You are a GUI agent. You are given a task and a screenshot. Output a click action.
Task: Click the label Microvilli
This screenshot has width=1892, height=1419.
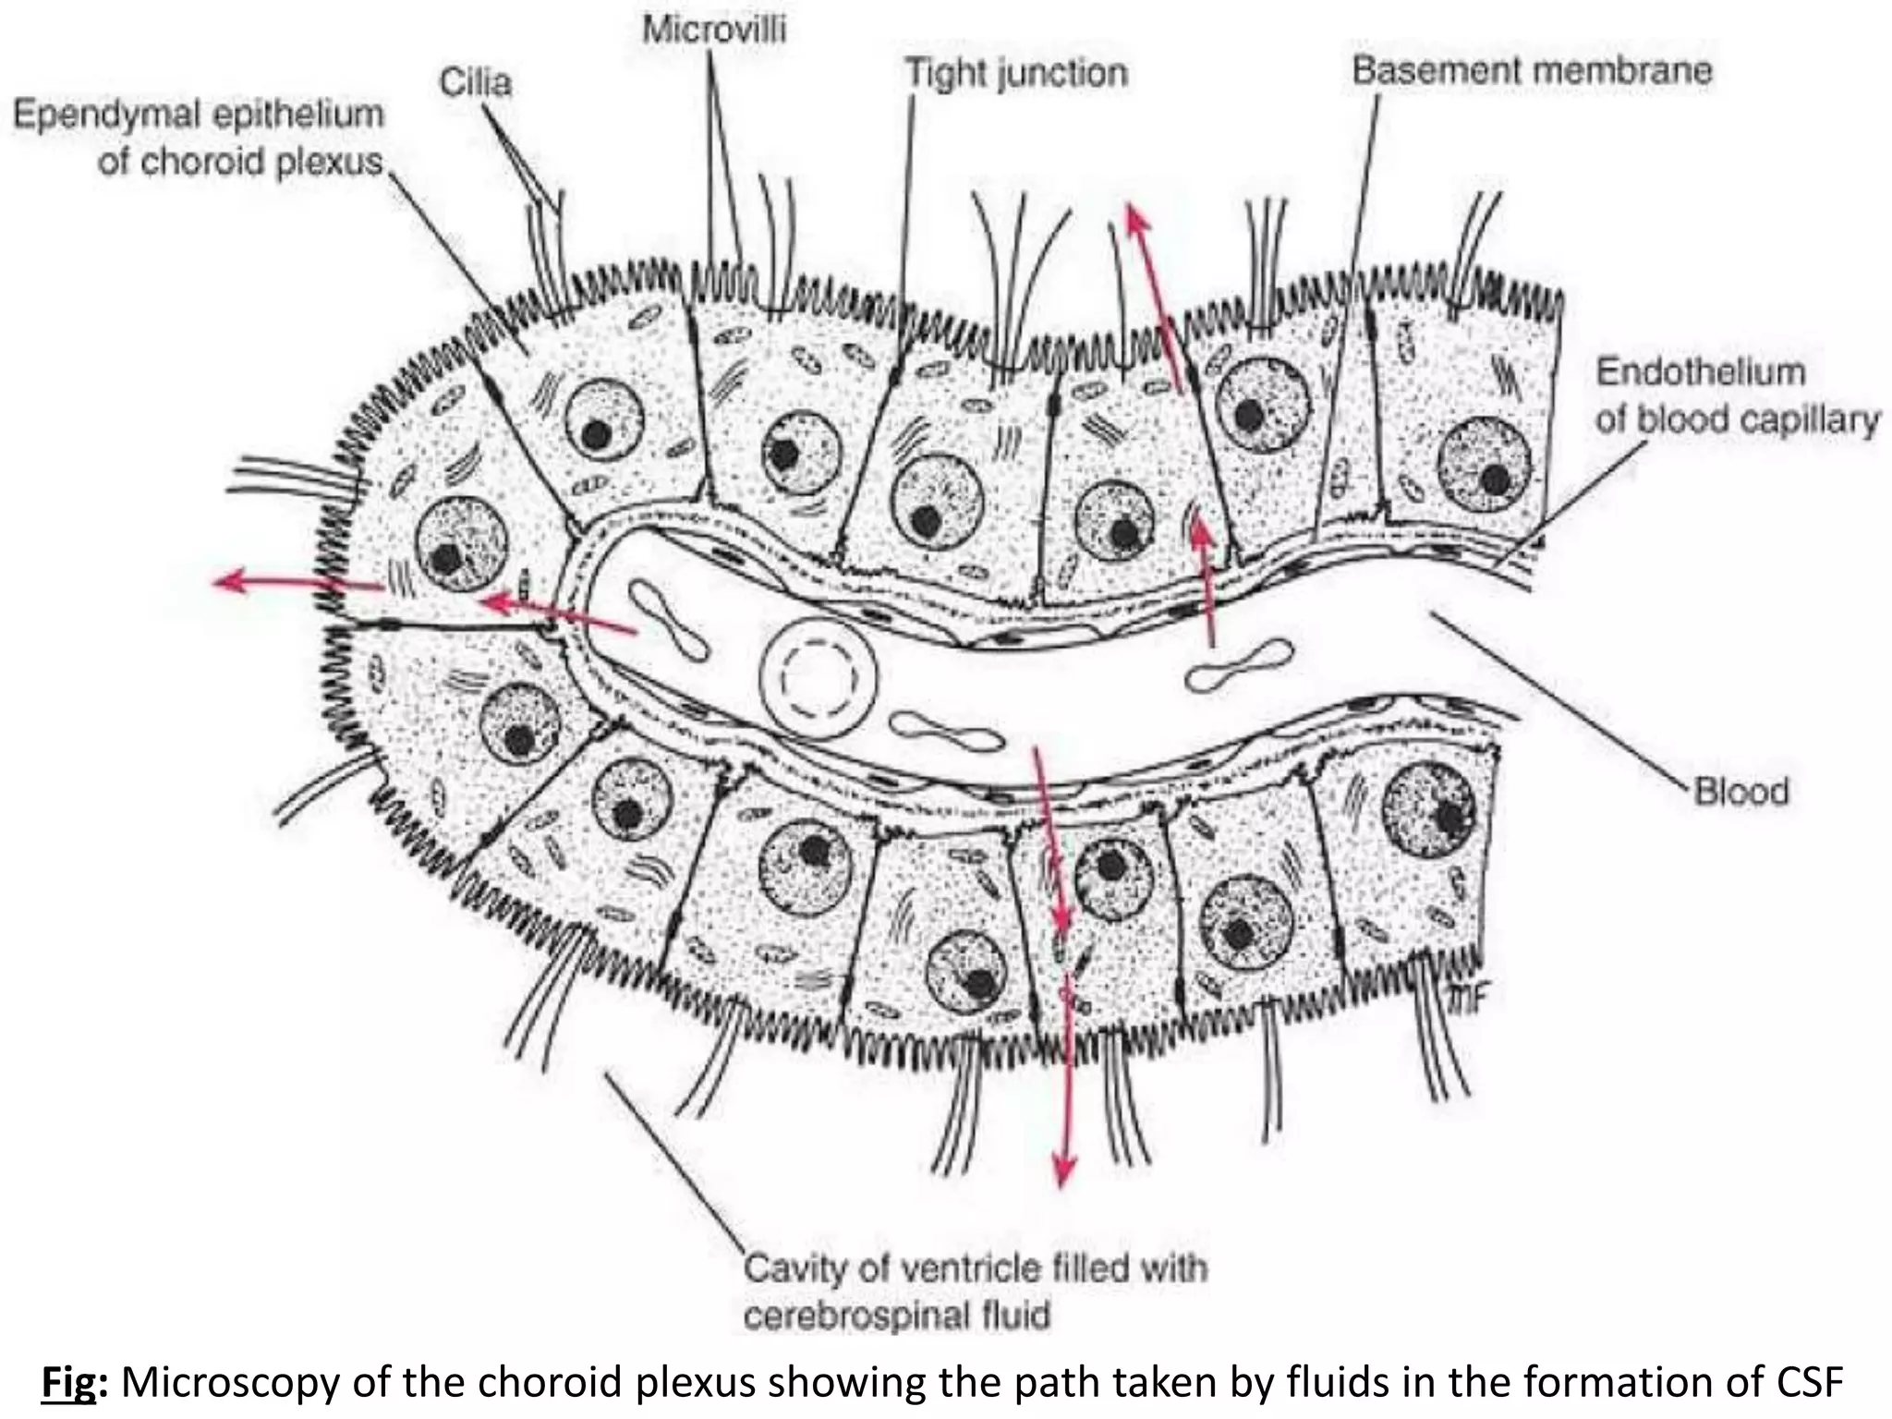[x=714, y=30]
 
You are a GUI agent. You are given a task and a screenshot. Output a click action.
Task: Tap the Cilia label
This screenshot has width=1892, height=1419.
[x=475, y=83]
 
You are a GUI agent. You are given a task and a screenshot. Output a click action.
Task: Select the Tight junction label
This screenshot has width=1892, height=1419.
[x=1016, y=73]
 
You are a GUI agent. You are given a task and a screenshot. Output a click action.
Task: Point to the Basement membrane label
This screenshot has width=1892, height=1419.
[x=1532, y=70]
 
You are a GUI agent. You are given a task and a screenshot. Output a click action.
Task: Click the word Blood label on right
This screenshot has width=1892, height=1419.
[x=1741, y=792]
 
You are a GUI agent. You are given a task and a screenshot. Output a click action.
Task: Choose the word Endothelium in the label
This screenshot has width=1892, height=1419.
[x=1701, y=372]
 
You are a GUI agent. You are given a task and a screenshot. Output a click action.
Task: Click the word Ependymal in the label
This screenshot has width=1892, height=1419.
[x=103, y=115]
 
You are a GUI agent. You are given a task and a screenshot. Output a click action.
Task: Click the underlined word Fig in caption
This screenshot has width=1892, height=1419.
[x=68, y=1383]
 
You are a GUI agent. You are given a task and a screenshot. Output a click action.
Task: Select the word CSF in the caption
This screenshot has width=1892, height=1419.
[x=1810, y=1383]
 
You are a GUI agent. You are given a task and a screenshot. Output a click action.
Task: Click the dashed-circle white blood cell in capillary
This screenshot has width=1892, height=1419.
[x=819, y=677]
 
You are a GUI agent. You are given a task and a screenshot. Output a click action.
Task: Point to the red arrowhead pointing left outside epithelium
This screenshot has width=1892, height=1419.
[x=225, y=580]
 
